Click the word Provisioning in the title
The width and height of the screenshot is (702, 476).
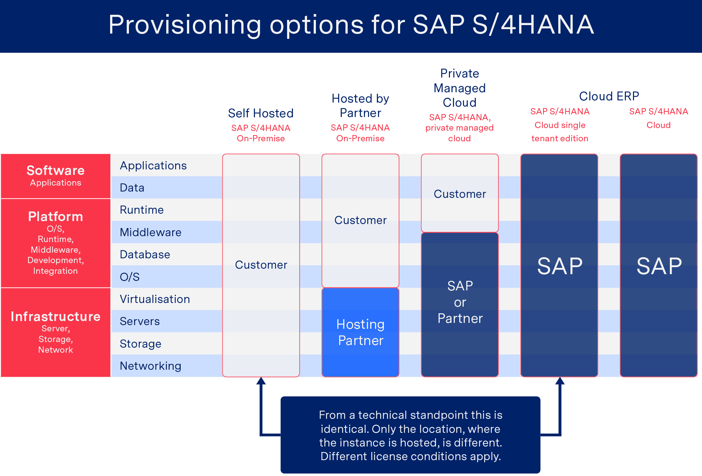pos(185,25)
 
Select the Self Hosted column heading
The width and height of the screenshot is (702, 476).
pos(261,113)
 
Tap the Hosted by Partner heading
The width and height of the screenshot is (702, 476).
pos(360,106)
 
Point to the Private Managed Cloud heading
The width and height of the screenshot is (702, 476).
pos(460,88)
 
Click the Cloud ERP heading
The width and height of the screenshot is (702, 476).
pos(609,96)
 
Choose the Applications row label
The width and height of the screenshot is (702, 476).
pos(153,166)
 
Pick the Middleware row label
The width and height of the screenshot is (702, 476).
pos(151,232)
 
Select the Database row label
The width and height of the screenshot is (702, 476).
pos(145,255)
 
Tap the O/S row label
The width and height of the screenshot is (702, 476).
pos(130,277)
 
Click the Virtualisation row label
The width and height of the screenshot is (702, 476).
pos(155,299)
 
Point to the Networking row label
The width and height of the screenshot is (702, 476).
pos(151,366)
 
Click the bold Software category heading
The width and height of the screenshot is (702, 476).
pos(56,170)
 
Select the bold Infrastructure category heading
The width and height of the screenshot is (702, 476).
pos(56,317)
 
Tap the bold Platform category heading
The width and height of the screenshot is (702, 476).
pos(56,217)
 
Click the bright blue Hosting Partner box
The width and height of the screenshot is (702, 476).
pos(361,332)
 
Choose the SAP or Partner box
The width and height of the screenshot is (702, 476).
pos(460,304)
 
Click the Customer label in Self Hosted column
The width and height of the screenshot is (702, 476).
pos(261,265)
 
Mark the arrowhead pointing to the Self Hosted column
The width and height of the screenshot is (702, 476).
pos(261,381)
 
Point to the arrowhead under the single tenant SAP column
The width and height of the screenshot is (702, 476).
pos(560,381)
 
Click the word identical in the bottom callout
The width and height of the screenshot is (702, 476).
pos(345,429)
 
